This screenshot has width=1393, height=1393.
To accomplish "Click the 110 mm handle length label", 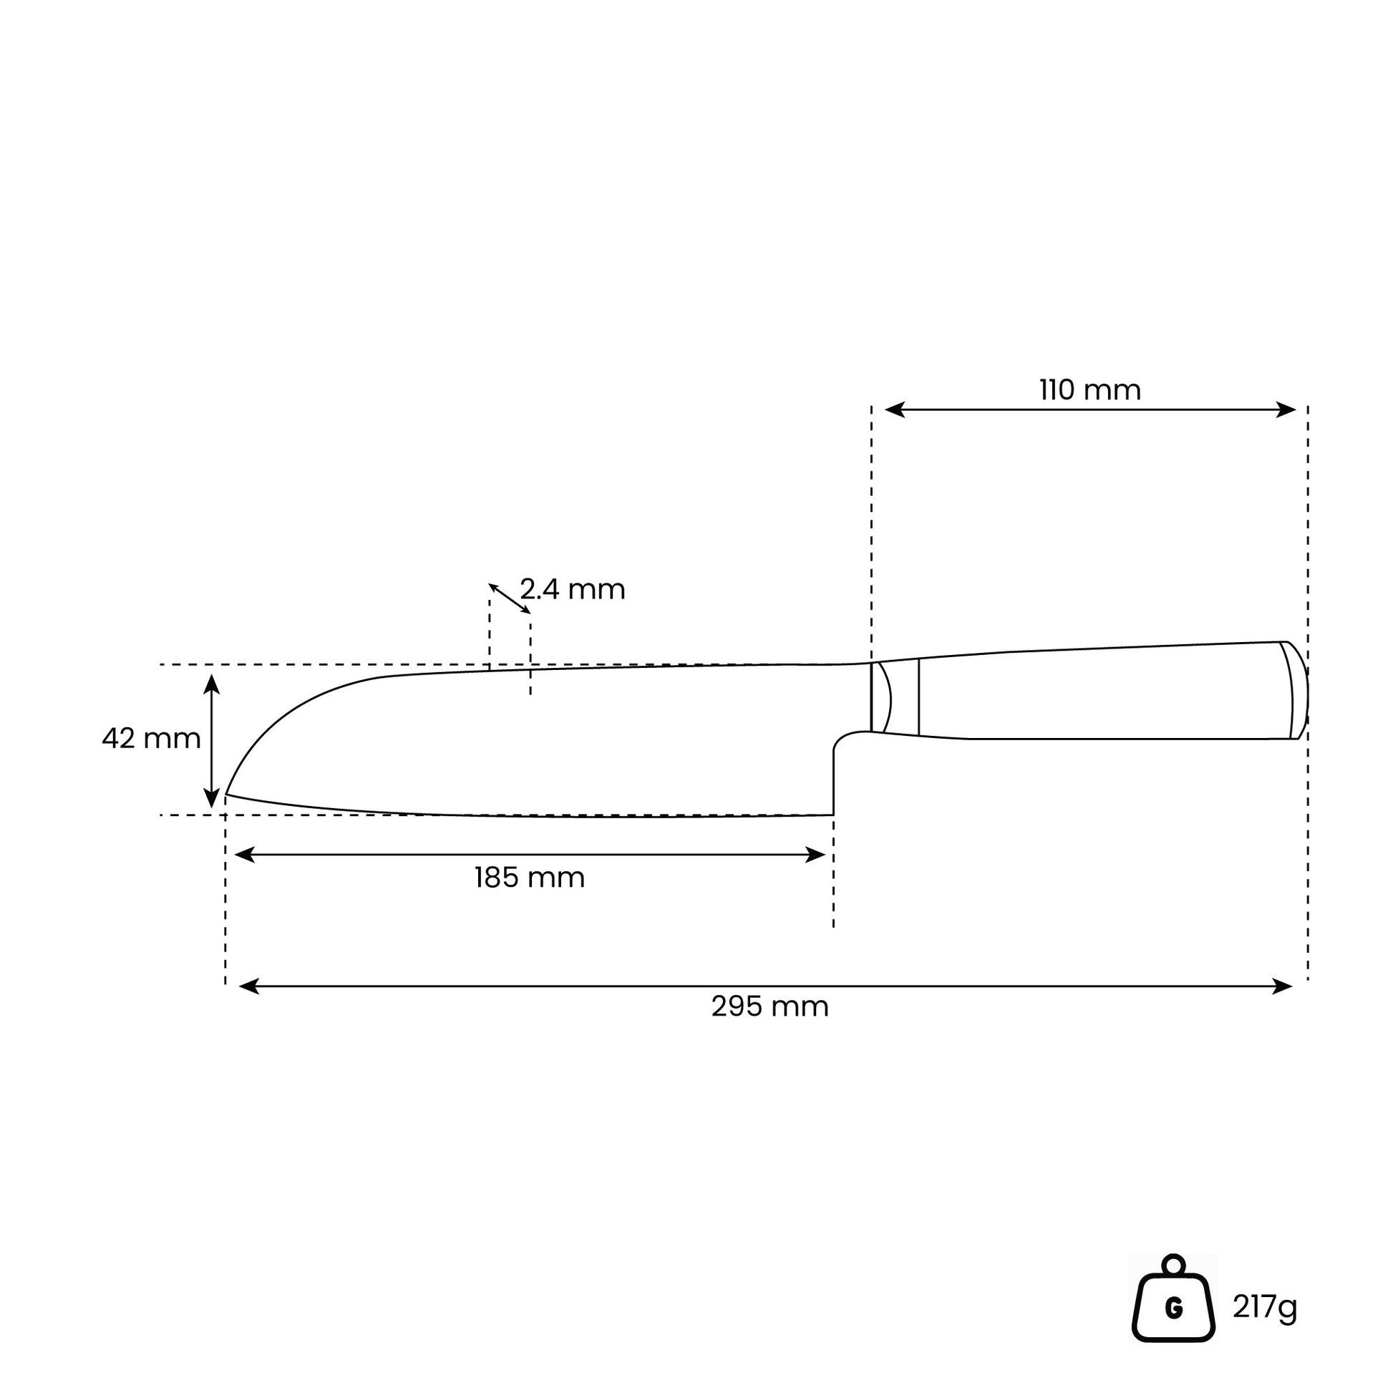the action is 1090,390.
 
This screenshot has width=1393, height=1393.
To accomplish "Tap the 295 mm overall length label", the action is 770,1006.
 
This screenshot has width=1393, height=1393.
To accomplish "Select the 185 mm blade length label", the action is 529,878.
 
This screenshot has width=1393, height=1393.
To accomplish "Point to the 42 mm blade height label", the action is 151,738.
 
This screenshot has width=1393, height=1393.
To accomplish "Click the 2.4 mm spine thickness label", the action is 573,589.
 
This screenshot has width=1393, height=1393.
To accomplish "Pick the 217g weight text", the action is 1266,1306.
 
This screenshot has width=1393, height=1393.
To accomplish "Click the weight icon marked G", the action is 1174,1308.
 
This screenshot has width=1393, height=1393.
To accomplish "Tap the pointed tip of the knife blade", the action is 226,794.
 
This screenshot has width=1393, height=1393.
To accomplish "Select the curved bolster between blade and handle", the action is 881,697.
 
